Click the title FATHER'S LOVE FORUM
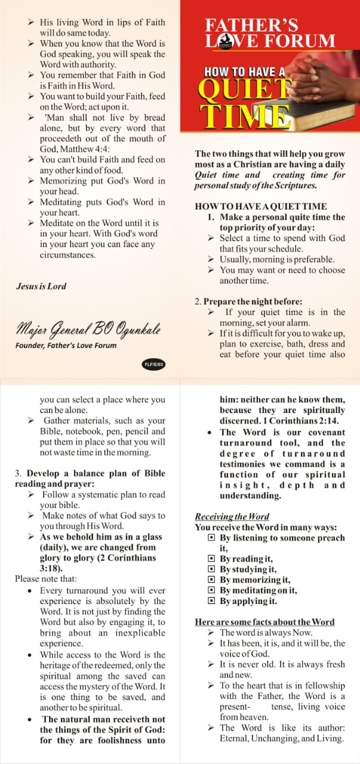[269, 33]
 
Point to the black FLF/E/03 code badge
[153, 363]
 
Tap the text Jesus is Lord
[41, 286]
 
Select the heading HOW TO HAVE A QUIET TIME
[261, 206]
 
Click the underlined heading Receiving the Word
[232, 516]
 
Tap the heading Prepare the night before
[248, 301]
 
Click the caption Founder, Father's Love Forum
[66, 345]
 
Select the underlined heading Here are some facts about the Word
[264, 622]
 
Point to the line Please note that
[46, 578]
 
